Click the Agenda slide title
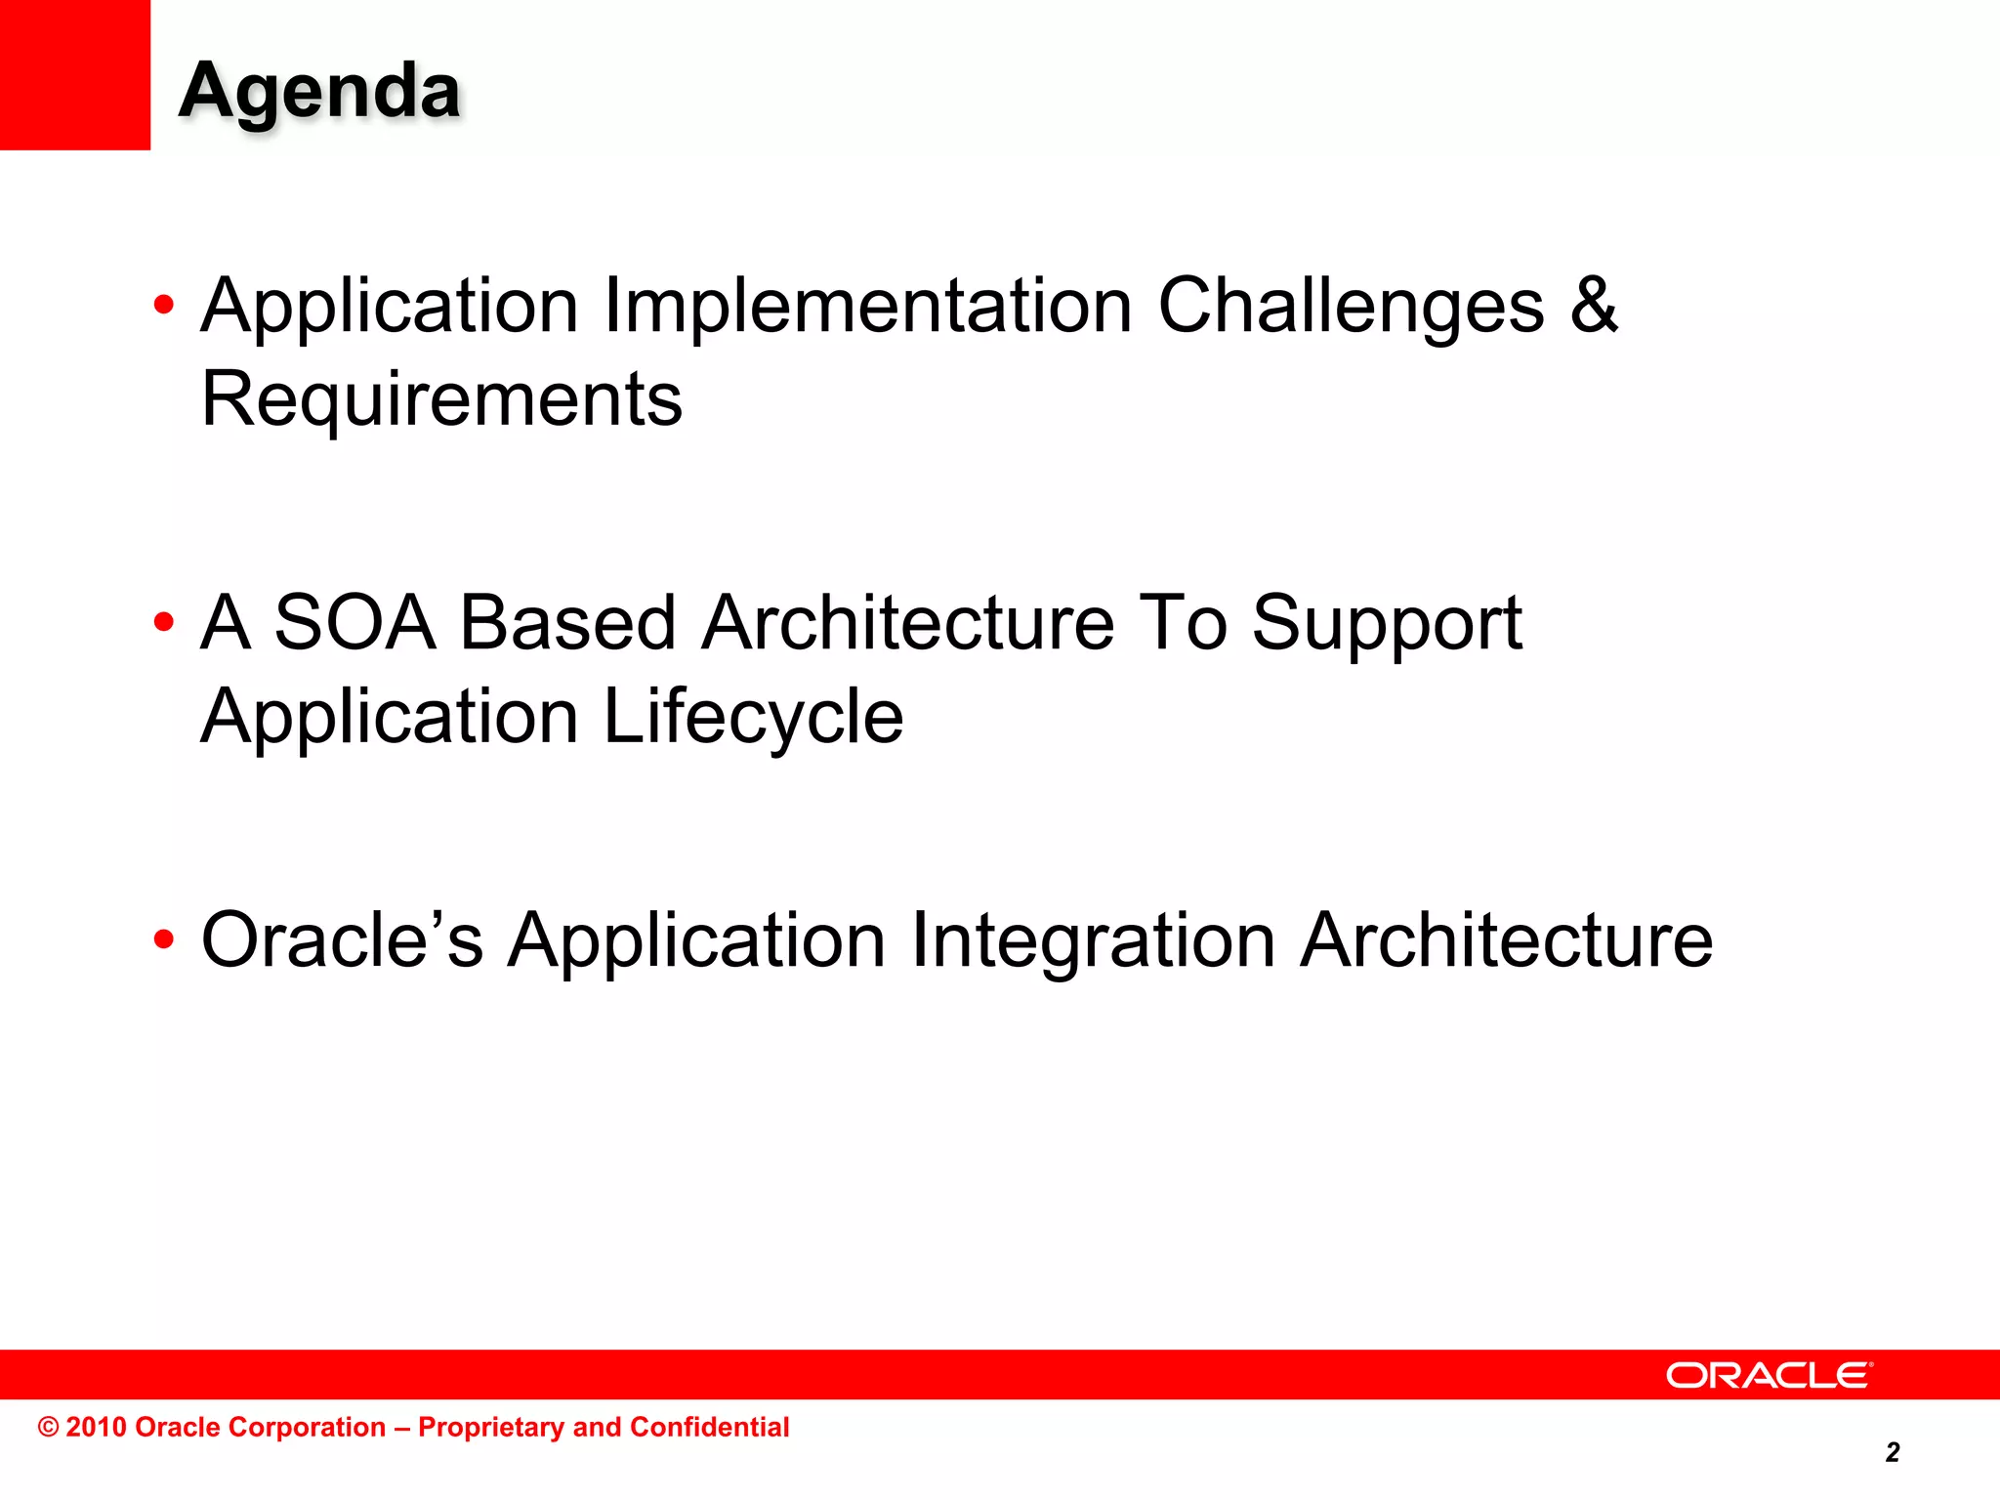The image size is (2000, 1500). coord(319,91)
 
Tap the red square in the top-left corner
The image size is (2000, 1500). coord(74,74)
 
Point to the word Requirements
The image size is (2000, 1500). coord(441,399)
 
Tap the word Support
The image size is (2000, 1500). coord(1387,625)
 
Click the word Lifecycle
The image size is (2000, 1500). coord(753,718)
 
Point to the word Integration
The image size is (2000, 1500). coord(1093,942)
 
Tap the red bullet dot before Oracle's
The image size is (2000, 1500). coord(164,940)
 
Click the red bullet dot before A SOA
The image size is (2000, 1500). coord(164,622)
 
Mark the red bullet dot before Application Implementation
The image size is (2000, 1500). coord(164,306)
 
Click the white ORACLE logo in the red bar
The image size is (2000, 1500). coord(1769,1375)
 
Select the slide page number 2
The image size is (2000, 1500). coord(1892,1452)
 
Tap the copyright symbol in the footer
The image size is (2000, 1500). coord(49,1428)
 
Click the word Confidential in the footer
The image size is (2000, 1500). coord(709,1427)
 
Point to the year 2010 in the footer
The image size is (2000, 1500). coord(97,1427)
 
